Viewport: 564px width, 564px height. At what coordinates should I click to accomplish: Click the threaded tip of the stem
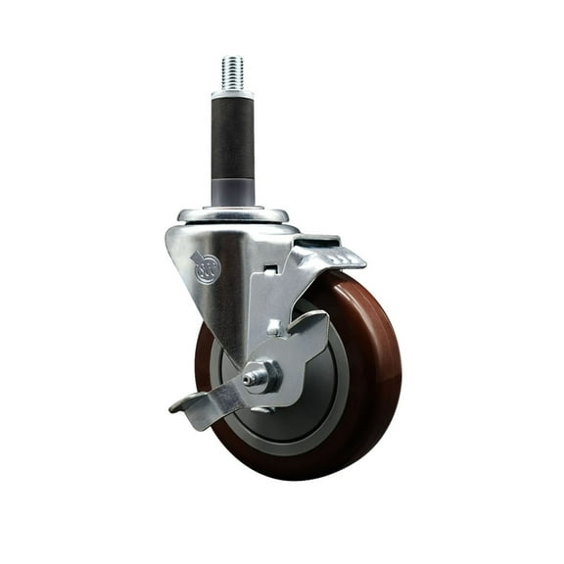click(x=232, y=71)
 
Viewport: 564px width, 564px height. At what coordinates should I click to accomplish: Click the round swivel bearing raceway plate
click(x=233, y=214)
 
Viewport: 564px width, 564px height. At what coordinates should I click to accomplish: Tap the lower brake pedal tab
click(x=196, y=404)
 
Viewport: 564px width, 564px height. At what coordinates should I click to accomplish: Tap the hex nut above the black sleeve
click(x=232, y=94)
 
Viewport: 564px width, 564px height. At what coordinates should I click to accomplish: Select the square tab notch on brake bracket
click(x=276, y=327)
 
